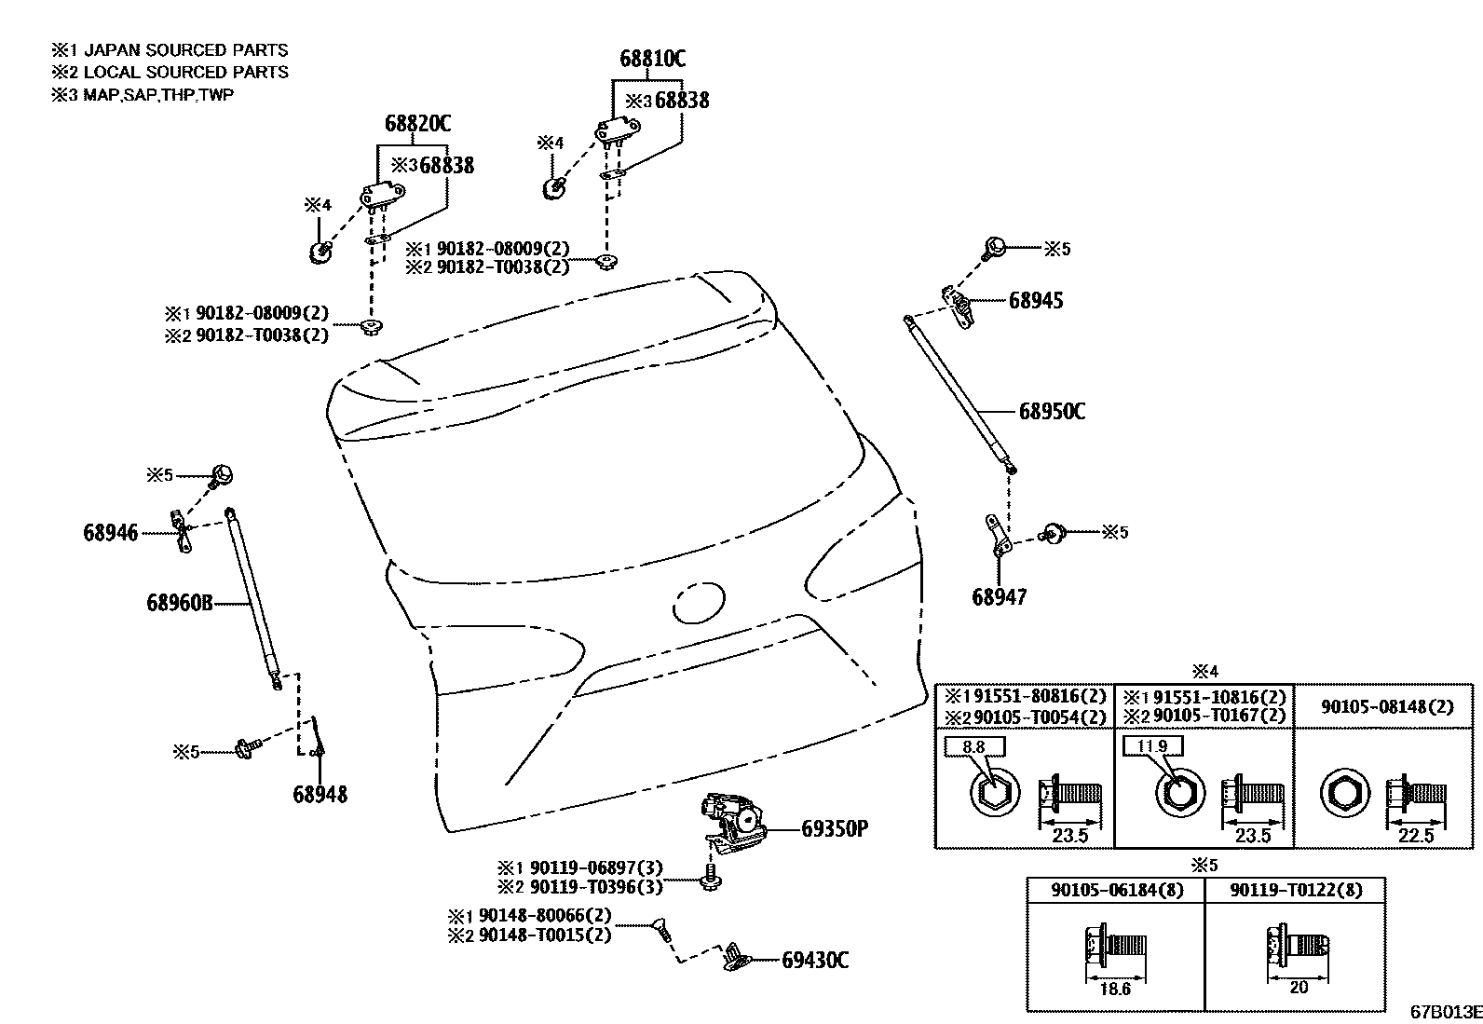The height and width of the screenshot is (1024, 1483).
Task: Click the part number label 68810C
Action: click(652, 59)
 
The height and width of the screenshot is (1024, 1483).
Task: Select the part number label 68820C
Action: click(417, 123)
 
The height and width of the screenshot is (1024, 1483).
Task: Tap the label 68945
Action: click(1035, 300)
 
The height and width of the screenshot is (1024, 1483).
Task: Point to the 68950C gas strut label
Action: click(1052, 411)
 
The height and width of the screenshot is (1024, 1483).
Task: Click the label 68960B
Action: click(179, 603)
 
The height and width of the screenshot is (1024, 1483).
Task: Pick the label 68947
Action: click(999, 596)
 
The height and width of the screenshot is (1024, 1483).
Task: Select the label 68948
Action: click(320, 794)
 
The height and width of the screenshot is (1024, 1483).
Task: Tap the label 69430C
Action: click(815, 960)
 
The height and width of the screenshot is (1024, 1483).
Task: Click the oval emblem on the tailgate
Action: click(698, 603)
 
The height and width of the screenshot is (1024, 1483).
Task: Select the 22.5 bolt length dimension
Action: click(1416, 835)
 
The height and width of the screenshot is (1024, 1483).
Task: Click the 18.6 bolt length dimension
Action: click(1114, 989)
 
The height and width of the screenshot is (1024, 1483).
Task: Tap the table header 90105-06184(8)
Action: click(1117, 890)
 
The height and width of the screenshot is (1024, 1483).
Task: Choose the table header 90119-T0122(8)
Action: click(1295, 890)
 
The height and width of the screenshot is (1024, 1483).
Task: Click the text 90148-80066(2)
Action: click(544, 915)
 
